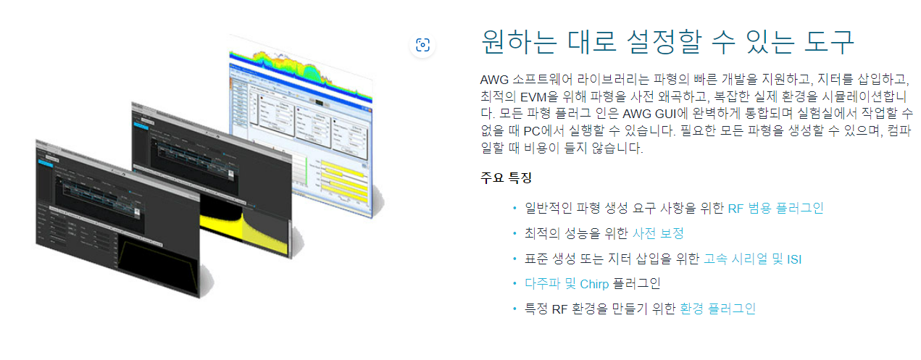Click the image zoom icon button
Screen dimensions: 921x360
(423, 45)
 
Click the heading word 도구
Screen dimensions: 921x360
(829, 42)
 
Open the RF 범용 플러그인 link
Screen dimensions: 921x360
(775, 209)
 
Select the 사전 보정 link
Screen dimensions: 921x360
(658, 233)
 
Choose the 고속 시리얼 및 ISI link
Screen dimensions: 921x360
(752, 259)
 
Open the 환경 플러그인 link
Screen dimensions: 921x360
(717, 309)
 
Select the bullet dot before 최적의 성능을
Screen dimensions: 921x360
(514, 233)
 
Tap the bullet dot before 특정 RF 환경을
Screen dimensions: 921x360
(514, 309)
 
